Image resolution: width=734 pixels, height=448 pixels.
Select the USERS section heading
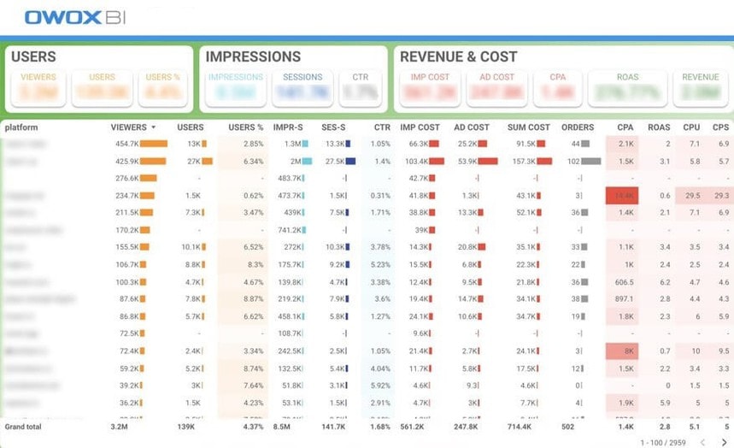(34, 57)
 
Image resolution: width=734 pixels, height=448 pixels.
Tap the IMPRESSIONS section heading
(253, 57)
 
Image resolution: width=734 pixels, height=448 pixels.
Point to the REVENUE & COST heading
(458, 57)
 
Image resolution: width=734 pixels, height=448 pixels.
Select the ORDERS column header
(578, 127)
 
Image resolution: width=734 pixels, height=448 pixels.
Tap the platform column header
(21, 127)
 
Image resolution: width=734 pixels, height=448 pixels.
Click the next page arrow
(723, 441)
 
